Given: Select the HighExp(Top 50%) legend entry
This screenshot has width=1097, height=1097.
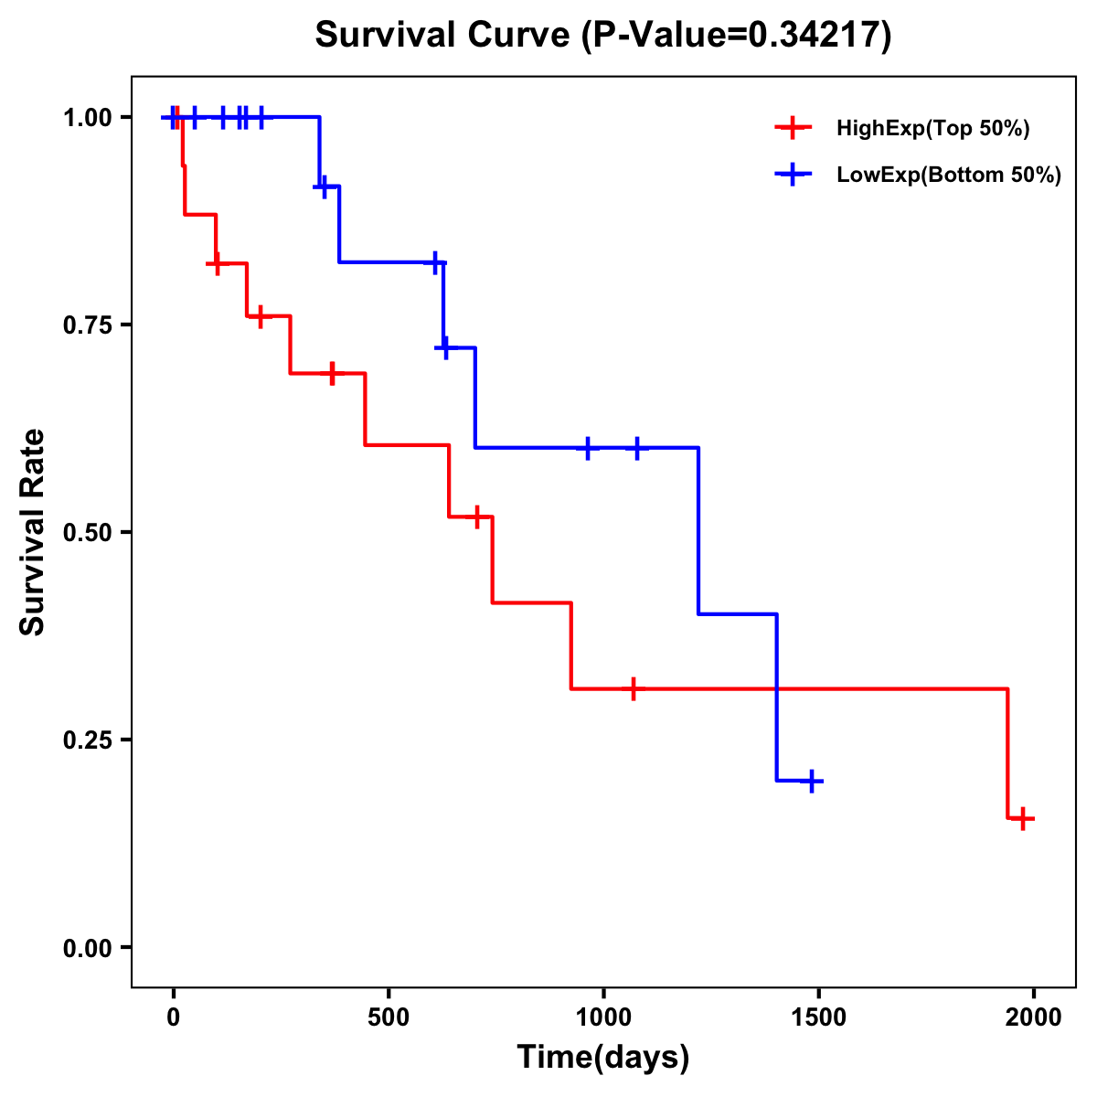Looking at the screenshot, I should coord(932,129).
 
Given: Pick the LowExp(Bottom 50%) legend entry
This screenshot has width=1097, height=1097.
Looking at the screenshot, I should coord(949,176).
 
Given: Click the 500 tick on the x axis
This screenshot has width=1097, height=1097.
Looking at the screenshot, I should coord(389,1017).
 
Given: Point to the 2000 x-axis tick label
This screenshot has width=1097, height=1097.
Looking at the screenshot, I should coord(1034,1017).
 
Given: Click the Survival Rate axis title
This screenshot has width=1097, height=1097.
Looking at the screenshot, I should coord(33,532).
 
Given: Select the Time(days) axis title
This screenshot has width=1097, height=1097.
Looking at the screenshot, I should coord(603,1058).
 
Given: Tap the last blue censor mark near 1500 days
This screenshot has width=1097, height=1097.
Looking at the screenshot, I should coord(811,782).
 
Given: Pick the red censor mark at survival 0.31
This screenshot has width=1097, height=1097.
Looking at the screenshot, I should coord(633,688).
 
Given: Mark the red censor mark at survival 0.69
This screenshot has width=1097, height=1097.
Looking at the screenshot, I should coord(332,373).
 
